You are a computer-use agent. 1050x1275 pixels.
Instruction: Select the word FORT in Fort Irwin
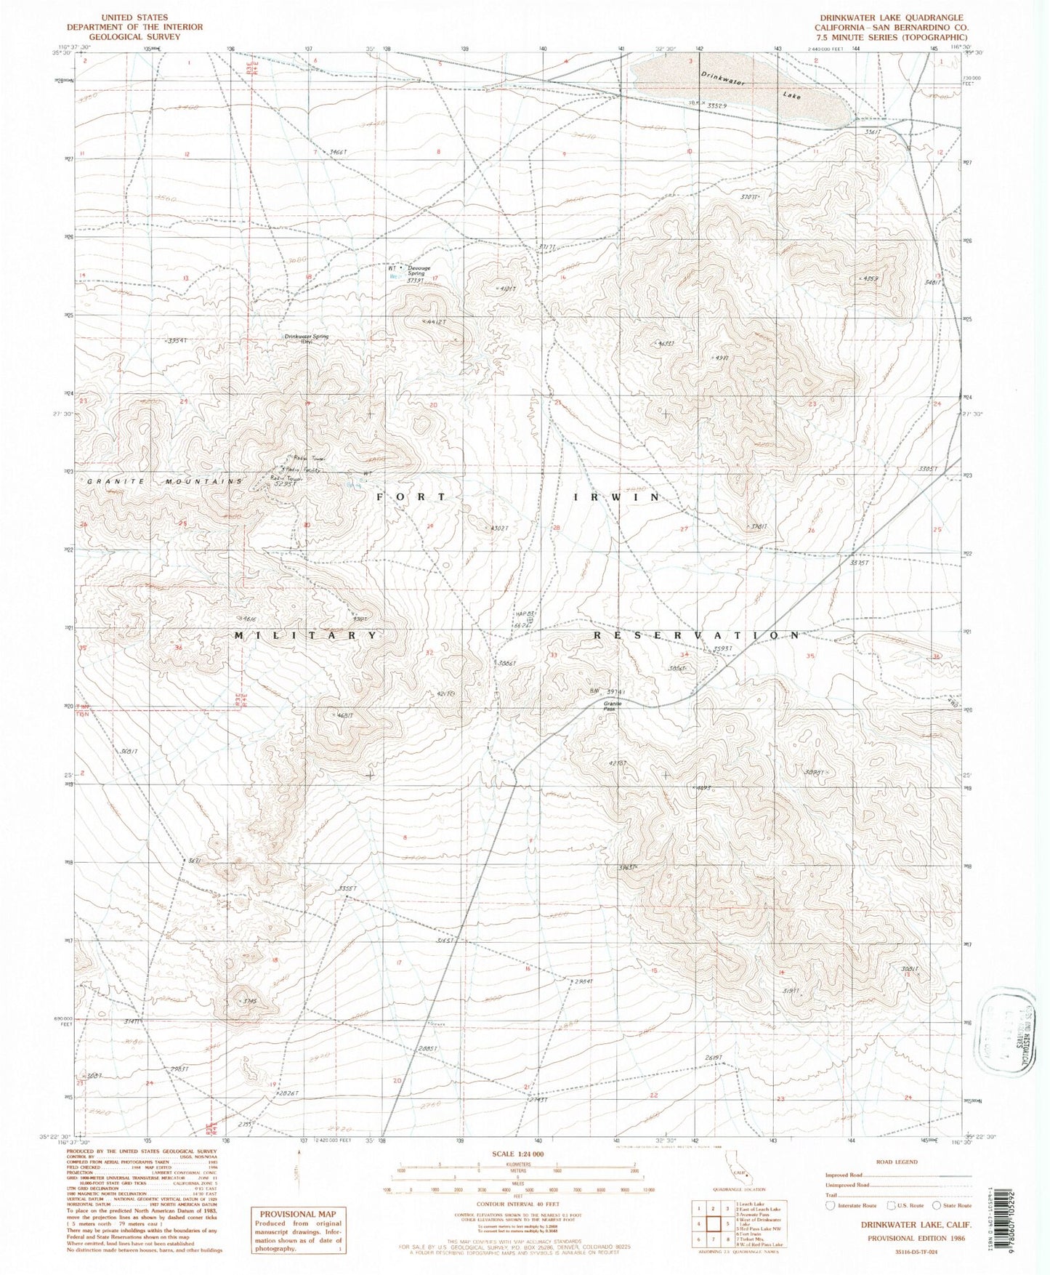411,496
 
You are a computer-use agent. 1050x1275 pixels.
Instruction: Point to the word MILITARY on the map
306,635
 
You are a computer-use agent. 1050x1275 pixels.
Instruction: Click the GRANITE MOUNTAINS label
165,481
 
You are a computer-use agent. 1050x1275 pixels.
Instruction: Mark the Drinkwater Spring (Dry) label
306,339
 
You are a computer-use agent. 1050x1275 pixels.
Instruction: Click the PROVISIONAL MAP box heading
297,1213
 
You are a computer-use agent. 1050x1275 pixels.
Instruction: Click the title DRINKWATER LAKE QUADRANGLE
881,17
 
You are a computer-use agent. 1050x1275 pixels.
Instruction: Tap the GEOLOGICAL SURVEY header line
134,36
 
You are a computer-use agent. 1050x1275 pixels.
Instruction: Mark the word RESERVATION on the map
698,635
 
